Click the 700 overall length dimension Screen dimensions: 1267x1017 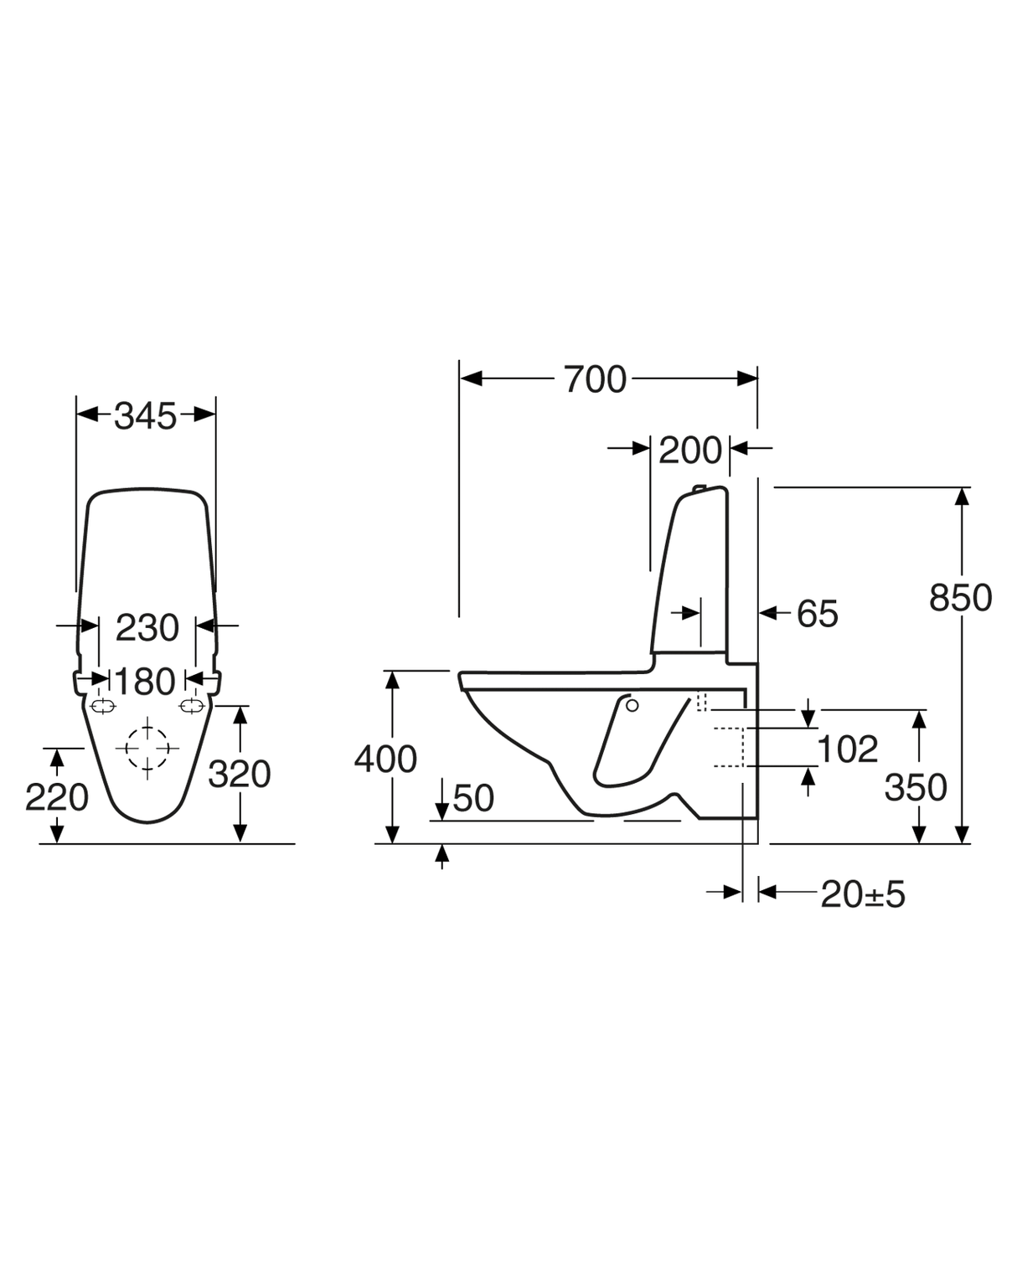(594, 379)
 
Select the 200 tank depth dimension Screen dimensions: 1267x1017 (689, 451)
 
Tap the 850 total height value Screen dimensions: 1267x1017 (960, 598)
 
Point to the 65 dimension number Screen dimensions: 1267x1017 (817, 614)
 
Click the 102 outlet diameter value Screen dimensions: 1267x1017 (847, 749)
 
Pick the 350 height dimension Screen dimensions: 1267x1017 (916, 787)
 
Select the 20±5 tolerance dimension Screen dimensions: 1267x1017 (863, 894)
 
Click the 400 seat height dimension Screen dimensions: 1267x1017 (385, 760)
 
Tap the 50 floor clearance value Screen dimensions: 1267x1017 (473, 798)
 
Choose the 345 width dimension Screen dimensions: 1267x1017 (146, 415)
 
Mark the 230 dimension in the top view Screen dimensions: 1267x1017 (147, 627)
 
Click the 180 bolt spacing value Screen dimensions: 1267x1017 (146, 682)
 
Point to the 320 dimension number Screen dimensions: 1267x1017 (240, 775)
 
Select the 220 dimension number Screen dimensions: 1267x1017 (57, 797)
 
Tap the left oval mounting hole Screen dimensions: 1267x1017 (102, 707)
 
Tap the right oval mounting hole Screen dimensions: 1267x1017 (192, 707)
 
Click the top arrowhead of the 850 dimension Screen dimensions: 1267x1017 (962, 497)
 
